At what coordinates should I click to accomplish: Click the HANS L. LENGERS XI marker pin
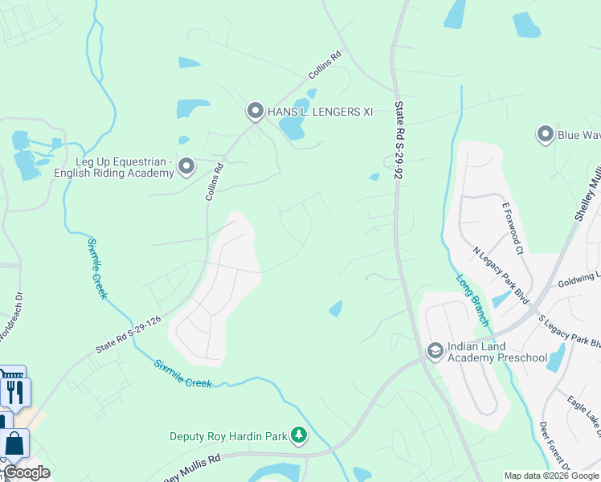[x=256, y=111]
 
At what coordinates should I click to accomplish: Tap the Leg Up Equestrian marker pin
[x=186, y=166]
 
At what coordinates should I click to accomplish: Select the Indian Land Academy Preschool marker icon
[x=435, y=350]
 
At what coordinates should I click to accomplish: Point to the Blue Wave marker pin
[x=546, y=134]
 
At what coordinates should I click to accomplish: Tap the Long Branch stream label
[x=473, y=300]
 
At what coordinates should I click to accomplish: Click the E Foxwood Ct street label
[x=513, y=228]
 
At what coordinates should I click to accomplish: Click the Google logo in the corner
[x=27, y=472]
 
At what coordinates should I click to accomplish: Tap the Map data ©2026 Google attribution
[x=551, y=476]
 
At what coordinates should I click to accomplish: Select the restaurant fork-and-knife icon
[x=15, y=391]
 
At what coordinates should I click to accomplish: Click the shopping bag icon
[x=15, y=444]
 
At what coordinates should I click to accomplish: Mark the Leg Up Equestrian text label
[x=113, y=167]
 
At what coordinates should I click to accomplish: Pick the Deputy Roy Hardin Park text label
[x=228, y=437]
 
